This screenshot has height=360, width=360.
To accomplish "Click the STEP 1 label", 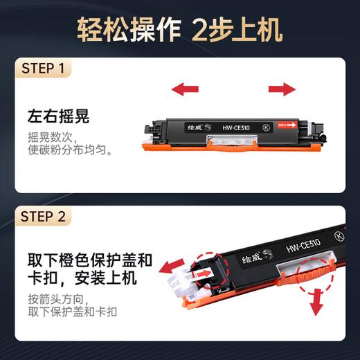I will click(43, 69).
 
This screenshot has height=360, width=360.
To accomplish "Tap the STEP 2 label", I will click(43, 217).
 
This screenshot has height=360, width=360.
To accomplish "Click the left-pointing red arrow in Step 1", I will click(185, 88).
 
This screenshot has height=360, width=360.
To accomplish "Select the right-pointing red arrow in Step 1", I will click(282, 88).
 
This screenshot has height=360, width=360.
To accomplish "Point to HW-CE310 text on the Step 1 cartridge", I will click(237, 127).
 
